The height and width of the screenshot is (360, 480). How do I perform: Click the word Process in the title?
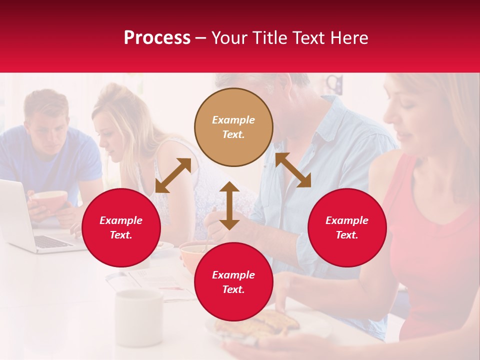pos(157,38)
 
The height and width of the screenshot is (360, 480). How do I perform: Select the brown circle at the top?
pos(233,127)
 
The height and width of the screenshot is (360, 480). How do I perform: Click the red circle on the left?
pos(121,228)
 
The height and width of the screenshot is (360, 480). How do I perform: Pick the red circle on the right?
pos(347,228)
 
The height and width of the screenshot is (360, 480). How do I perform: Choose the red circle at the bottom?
pos(233,282)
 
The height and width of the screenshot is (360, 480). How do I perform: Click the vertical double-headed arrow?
pos(229,205)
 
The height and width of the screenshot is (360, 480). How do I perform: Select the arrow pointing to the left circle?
pos(173,175)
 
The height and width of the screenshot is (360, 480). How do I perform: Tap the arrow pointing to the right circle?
pos(293,170)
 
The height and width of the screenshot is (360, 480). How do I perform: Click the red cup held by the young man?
pos(50,200)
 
